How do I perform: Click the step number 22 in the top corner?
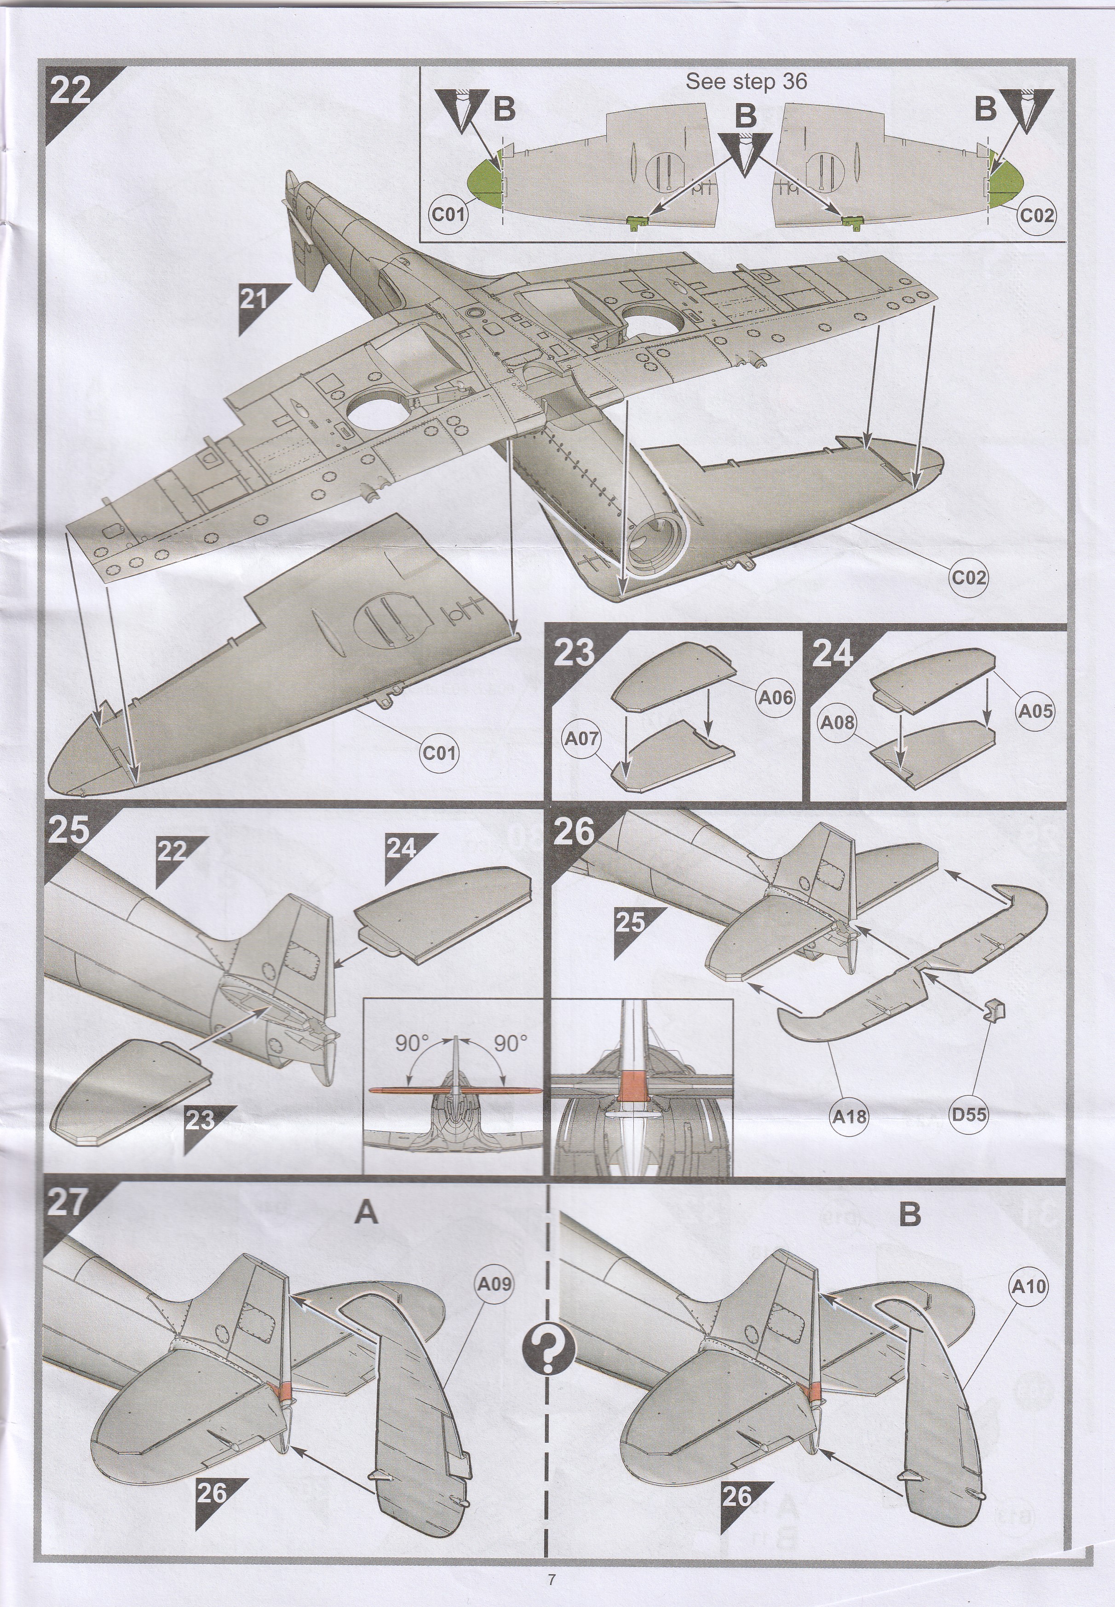tap(70, 90)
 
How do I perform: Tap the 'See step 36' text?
tap(746, 82)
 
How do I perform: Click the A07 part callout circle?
tap(582, 738)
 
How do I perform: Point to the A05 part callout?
tap(1035, 711)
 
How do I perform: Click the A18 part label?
tap(849, 1117)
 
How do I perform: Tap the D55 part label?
tap(969, 1114)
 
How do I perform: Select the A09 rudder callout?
tap(494, 1284)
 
